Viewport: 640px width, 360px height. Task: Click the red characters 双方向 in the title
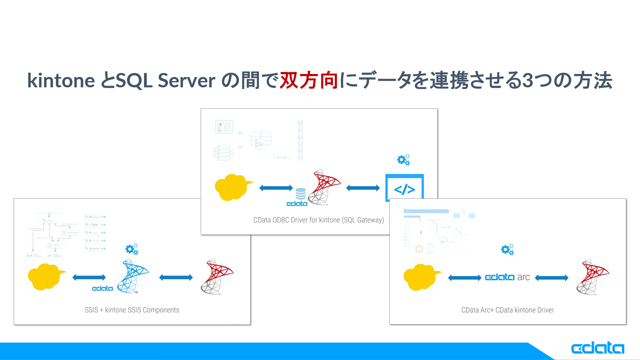click(x=309, y=81)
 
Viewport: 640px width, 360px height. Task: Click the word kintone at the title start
click(x=61, y=81)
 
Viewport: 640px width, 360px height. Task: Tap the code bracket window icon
click(x=404, y=188)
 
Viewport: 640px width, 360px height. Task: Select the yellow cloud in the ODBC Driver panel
click(x=232, y=187)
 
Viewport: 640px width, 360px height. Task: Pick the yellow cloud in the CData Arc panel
click(x=421, y=277)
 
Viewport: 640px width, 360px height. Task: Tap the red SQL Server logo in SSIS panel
click(x=217, y=277)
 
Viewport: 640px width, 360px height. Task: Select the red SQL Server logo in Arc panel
click(x=593, y=277)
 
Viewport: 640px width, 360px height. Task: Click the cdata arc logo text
click(x=507, y=277)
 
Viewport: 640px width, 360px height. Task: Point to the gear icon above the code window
click(x=403, y=160)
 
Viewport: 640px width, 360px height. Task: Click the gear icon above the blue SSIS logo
click(x=132, y=249)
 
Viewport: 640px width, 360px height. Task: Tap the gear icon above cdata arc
click(x=507, y=249)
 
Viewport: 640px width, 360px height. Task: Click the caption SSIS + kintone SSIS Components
click(x=132, y=310)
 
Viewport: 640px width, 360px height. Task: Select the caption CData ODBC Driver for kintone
click(x=318, y=220)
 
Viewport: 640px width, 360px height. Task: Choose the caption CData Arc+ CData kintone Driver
click(x=507, y=310)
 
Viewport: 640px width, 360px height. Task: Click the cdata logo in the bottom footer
click(x=597, y=348)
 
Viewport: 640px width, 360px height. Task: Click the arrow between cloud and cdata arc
click(x=464, y=278)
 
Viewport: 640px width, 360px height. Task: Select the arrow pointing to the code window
click(x=363, y=188)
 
